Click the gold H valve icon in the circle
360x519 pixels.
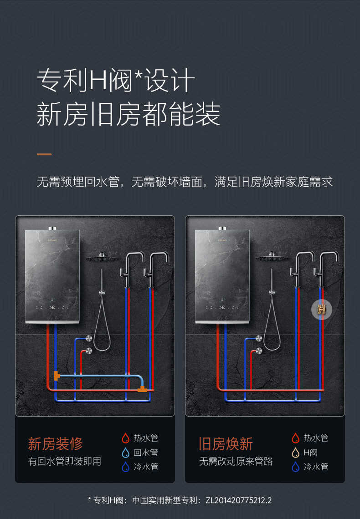coord(321,310)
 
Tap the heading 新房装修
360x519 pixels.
coord(56,443)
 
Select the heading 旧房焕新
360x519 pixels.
coord(226,443)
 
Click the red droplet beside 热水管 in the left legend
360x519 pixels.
coord(126,438)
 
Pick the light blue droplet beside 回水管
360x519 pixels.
coord(126,453)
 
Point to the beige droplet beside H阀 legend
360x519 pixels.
coord(296,453)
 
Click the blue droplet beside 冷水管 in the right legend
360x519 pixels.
coord(296,467)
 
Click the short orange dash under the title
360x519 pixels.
coord(44,154)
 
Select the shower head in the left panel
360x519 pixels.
coord(102,258)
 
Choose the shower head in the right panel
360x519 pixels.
coord(272,258)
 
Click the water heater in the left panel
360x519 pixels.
coord(52,275)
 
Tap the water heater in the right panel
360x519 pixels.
coord(222,275)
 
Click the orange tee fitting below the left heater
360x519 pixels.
coord(57,376)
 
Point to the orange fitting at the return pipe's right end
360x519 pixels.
coord(143,389)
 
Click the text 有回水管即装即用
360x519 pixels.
coord(65,461)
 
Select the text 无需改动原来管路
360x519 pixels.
coord(236,461)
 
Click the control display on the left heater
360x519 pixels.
coord(52,307)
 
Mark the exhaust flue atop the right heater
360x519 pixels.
coord(222,228)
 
